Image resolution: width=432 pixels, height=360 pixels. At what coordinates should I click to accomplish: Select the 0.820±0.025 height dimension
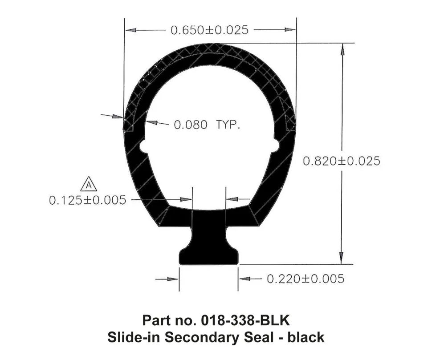[x=341, y=161]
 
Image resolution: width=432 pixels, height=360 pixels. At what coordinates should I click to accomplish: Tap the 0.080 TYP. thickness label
[x=207, y=125]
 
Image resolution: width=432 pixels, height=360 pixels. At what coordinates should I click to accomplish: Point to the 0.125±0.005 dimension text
[x=87, y=200]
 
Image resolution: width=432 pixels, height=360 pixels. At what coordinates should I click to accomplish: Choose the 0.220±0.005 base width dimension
[x=305, y=279]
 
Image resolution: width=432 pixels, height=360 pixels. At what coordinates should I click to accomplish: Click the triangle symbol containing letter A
[x=89, y=184]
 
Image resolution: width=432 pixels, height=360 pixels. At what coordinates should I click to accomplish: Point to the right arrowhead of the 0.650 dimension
[x=291, y=30]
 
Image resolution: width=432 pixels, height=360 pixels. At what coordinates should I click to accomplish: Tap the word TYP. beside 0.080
[x=228, y=125]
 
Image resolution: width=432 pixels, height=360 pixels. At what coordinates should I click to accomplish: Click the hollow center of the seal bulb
[x=209, y=133]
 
